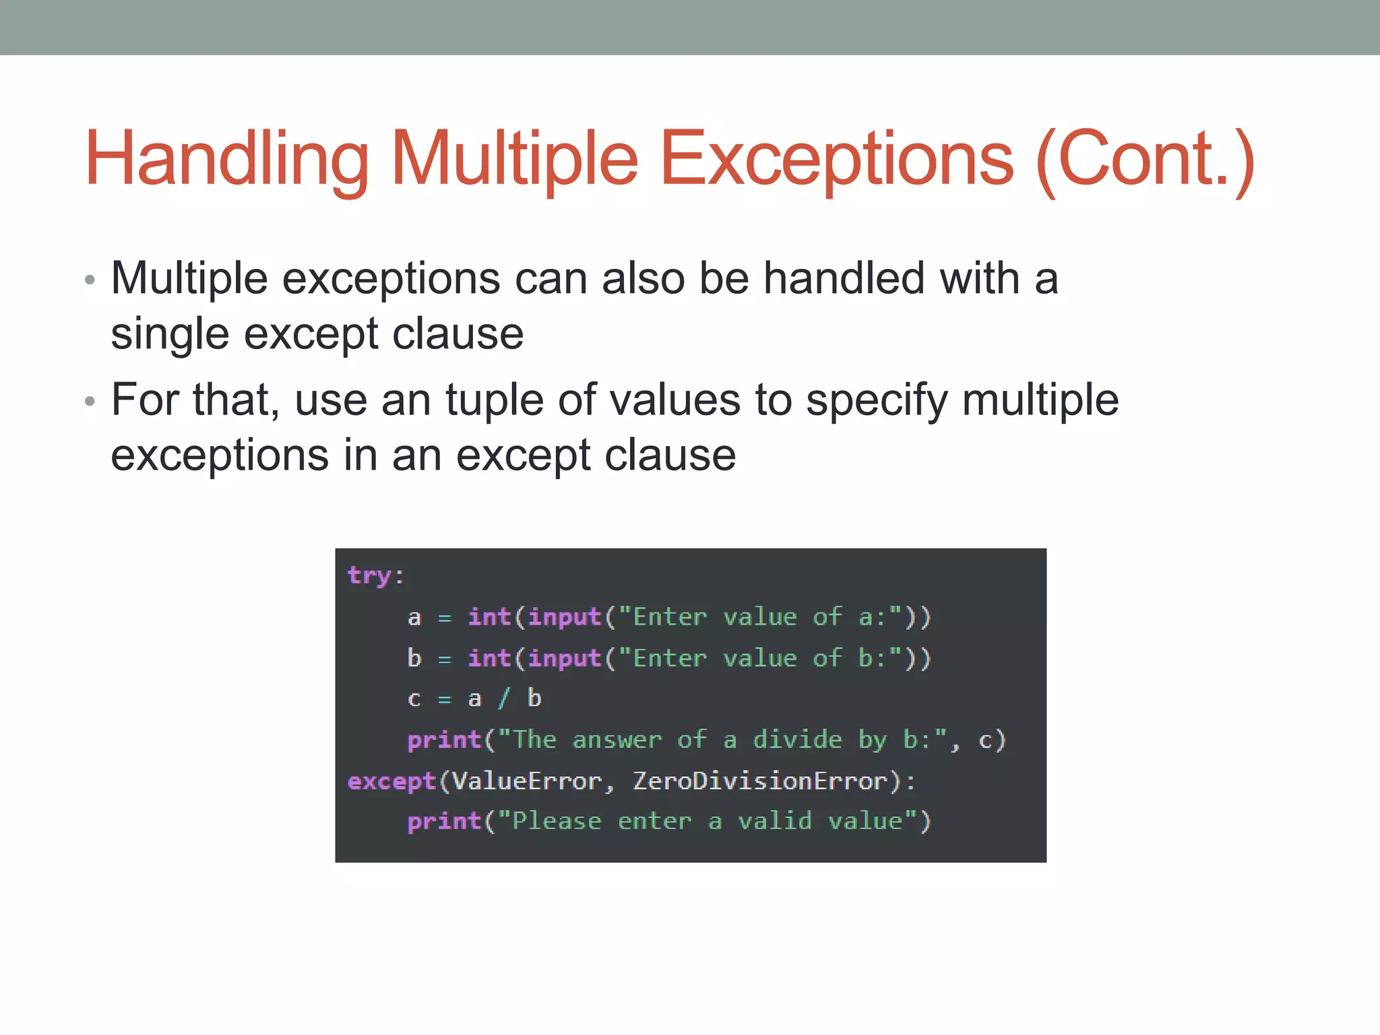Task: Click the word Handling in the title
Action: tap(226, 159)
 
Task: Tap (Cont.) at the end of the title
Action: tap(1145, 159)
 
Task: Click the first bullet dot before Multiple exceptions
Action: tap(90, 280)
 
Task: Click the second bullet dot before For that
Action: tap(90, 402)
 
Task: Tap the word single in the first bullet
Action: tap(170, 334)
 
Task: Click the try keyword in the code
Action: tap(369, 575)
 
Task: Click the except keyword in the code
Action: tap(392, 781)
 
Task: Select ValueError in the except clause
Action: tap(526, 781)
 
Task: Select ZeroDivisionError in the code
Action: tap(760, 781)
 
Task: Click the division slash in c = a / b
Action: tap(504, 699)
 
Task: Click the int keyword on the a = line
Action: tap(490, 617)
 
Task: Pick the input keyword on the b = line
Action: tap(565, 658)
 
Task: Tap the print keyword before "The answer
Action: tap(445, 740)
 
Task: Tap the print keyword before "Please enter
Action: tap(445, 821)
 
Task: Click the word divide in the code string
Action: tap(797, 740)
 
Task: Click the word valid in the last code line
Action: tap(775, 821)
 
